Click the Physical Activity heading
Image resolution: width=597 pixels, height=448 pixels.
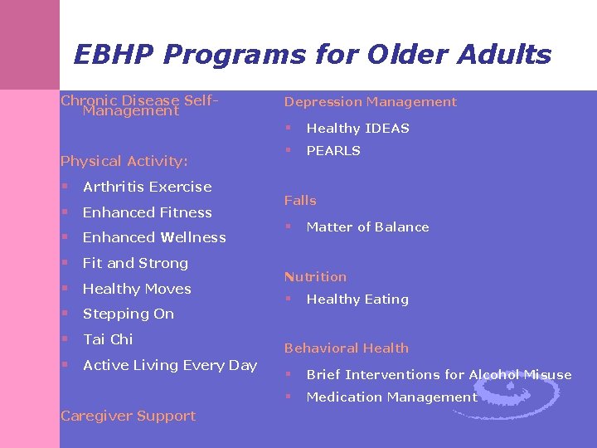[124, 161]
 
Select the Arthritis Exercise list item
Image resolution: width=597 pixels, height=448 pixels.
[147, 187]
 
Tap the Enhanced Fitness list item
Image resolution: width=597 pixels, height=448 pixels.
[147, 212]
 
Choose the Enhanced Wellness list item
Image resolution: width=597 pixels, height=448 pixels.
[154, 237]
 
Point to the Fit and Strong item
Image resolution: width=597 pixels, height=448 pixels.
[135, 263]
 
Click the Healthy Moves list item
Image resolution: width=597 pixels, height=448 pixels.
[137, 289]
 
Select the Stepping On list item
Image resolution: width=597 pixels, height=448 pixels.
[129, 314]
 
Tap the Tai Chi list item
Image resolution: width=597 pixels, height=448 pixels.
[108, 339]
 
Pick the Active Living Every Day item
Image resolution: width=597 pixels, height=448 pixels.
[170, 365]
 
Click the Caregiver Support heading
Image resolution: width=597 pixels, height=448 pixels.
[129, 416]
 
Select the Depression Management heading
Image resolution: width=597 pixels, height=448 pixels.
[370, 102]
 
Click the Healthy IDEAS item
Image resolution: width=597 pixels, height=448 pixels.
[357, 129]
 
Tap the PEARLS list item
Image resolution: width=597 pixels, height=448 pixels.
[333, 151]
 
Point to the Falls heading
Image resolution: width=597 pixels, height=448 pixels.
[300, 201]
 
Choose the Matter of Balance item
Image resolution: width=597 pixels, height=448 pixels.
[367, 227]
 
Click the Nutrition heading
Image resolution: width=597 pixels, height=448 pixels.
[315, 277]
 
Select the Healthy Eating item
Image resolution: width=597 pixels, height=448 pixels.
[357, 299]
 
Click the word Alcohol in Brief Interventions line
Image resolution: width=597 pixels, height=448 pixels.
[494, 375]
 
